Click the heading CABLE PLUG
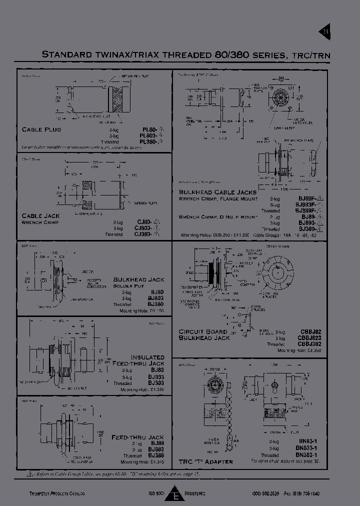coord(41,129)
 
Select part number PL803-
coord(149,135)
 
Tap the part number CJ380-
coord(143,234)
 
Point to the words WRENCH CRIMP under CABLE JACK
coord(40,222)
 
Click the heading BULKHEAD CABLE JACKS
coord(217,192)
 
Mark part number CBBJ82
coord(309,331)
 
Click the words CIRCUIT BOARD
coord(203,331)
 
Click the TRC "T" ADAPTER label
coord(205,461)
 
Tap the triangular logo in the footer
coord(175,493)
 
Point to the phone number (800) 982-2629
coord(265,493)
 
